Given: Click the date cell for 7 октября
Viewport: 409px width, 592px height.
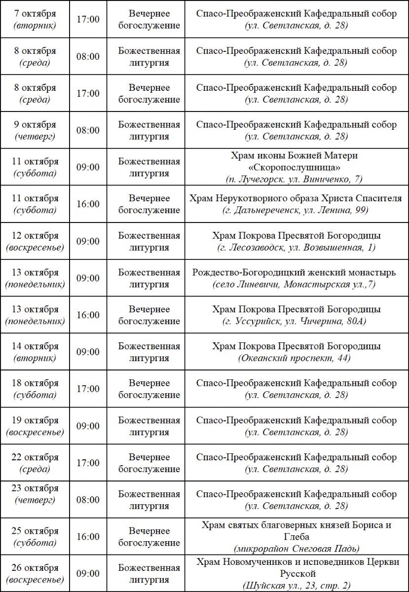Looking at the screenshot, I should [x=35, y=20].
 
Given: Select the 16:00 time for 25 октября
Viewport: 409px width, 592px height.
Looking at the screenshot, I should [x=88, y=537].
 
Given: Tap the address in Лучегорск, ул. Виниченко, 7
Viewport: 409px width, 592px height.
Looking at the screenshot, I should [x=296, y=180].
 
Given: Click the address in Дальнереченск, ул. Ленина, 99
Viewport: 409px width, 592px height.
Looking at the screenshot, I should [x=296, y=211].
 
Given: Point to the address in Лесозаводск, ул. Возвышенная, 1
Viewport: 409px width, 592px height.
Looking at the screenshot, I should [x=296, y=248].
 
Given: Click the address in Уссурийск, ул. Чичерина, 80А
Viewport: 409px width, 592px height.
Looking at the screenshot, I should [x=296, y=322].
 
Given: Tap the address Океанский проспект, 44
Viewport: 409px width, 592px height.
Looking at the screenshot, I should [x=296, y=358].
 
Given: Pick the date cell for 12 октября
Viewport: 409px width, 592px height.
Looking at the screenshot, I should [x=35, y=241].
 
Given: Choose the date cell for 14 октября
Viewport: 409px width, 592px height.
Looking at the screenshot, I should [x=35, y=352].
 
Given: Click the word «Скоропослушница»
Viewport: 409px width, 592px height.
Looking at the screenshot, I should [x=296, y=168].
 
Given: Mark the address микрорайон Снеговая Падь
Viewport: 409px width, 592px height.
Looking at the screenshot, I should [x=296, y=549].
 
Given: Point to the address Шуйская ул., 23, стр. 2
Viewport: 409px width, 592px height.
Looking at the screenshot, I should [x=296, y=586].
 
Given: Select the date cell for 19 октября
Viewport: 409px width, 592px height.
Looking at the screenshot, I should [x=35, y=426].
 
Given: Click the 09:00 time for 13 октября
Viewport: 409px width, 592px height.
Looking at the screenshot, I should [x=88, y=278].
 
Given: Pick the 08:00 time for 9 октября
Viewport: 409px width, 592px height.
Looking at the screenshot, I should [x=88, y=131].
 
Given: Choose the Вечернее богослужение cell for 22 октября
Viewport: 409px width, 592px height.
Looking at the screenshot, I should [x=149, y=463].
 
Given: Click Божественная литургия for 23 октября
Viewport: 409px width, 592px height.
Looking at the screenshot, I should [x=149, y=500].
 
